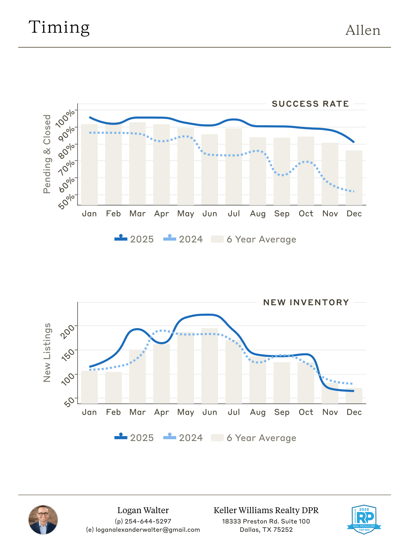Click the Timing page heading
(x=59, y=28)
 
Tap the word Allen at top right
(x=363, y=30)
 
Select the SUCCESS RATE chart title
(x=310, y=104)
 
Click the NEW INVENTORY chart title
(x=306, y=303)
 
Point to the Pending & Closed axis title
(x=47, y=154)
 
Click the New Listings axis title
(x=47, y=353)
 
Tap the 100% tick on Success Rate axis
(x=65, y=118)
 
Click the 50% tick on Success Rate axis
(x=67, y=201)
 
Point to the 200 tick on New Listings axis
(x=68, y=332)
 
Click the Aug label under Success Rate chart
(x=258, y=214)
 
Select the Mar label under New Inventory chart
(x=137, y=412)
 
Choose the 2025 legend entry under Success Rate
(x=134, y=239)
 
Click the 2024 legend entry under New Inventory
(x=183, y=438)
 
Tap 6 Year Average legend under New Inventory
(x=254, y=438)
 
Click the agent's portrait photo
(x=43, y=520)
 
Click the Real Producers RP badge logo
(x=364, y=519)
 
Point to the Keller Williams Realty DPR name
(x=266, y=510)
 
